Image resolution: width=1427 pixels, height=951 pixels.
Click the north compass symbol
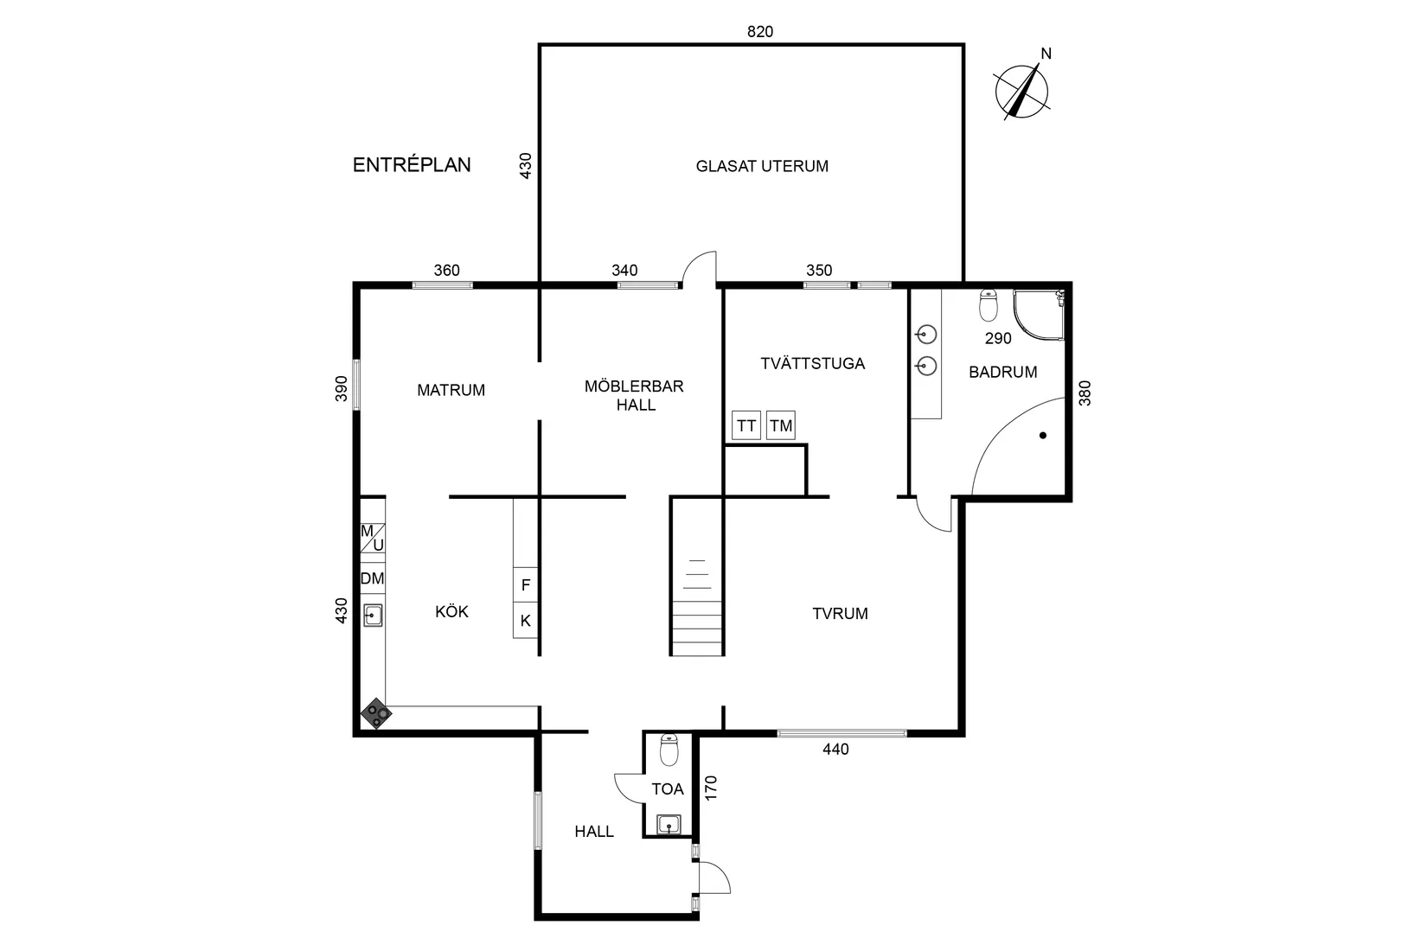[x=1022, y=90]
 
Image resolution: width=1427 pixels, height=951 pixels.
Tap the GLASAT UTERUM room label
[x=762, y=166]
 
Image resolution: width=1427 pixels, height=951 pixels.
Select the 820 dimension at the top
[x=760, y=32]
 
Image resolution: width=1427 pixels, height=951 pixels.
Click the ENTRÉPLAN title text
[x=412, y=165]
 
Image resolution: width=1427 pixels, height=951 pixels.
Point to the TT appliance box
[x=746, y=425]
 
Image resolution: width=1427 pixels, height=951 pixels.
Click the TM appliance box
[x=781, y=425]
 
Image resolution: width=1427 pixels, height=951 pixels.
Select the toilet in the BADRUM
[x=989, y=306]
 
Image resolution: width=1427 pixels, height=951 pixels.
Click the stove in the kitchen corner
[x=376, y=714]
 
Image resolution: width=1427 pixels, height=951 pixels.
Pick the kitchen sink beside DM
[x=374, y=616]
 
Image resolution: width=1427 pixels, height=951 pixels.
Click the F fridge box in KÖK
[x=526, y=585]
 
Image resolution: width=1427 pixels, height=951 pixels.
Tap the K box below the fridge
[x=526, y=621]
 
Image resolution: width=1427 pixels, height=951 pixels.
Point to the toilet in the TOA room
[x=669, y=750]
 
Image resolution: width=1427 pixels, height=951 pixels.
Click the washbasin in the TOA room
[x=669, y=824]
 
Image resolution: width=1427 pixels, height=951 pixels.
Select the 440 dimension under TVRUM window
[x=835, y=750]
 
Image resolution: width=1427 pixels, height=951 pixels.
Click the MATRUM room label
[x=451, y=390]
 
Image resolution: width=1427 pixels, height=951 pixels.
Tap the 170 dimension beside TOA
[x=711, y=788]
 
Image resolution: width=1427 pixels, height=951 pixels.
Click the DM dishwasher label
[x=373, y=578]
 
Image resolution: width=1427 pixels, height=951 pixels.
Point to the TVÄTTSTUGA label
[x=812, y=363]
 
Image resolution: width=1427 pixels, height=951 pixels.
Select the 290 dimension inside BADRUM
[x=998, y=338]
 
